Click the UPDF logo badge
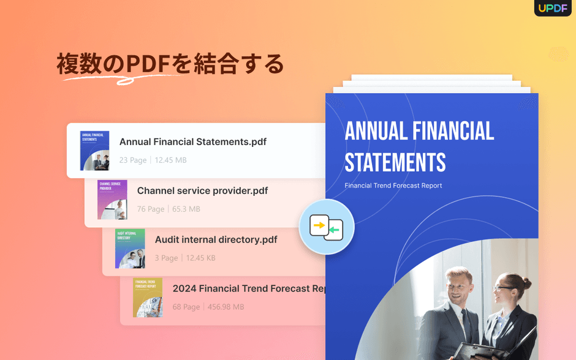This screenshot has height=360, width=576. pos(552,8)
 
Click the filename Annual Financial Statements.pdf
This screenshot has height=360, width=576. pos(192,141)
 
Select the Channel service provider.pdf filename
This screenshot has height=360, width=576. pos(202,190)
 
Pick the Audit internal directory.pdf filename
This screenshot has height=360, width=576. pos(216,239)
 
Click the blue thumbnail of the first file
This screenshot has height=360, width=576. pos(94,150)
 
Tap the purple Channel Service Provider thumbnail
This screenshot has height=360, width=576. pos(112,200)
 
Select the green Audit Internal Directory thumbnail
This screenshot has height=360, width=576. pos(130,249)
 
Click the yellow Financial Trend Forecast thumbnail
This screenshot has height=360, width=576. pos(148,298)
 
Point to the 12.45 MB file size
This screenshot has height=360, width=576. pos(170,160)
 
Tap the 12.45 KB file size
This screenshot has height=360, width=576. pos(200,258)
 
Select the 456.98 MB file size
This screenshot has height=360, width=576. pos(225,307)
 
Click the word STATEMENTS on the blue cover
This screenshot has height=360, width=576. pos(395,162)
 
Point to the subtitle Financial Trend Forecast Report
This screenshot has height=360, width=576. pos(393,186)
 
